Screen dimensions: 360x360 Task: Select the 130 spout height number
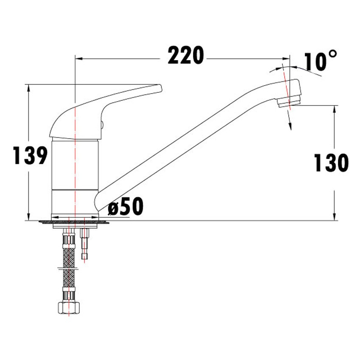[331, 163]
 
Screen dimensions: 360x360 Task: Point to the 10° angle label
[321, 61]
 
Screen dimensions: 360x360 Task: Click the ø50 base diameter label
[125, 207]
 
